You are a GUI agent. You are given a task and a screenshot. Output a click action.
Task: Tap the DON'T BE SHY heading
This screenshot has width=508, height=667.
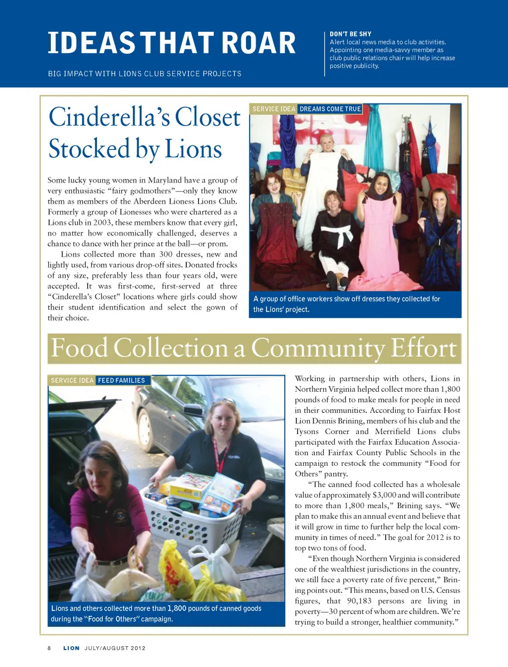[x=350, y=34]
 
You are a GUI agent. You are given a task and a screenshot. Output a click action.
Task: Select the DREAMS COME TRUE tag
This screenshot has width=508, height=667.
[x=330, y=109]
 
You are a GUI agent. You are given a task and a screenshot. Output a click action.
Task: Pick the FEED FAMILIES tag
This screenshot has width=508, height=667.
[x=121, y=381]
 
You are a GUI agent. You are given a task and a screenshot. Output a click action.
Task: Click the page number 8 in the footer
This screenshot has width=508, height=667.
[x=49, y=648]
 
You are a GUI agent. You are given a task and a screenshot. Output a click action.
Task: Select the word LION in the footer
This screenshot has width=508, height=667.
[x=71, y=648]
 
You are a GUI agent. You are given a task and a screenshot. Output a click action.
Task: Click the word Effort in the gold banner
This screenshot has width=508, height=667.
[x=423, y=348]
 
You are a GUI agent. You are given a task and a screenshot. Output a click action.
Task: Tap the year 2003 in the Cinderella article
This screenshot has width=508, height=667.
[x=102, y=222]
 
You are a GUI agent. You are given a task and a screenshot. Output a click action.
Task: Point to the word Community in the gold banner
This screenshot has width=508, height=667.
[x=319, y=348]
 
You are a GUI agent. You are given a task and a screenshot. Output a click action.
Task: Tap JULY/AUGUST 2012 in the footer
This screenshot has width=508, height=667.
[x=115, y=648]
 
